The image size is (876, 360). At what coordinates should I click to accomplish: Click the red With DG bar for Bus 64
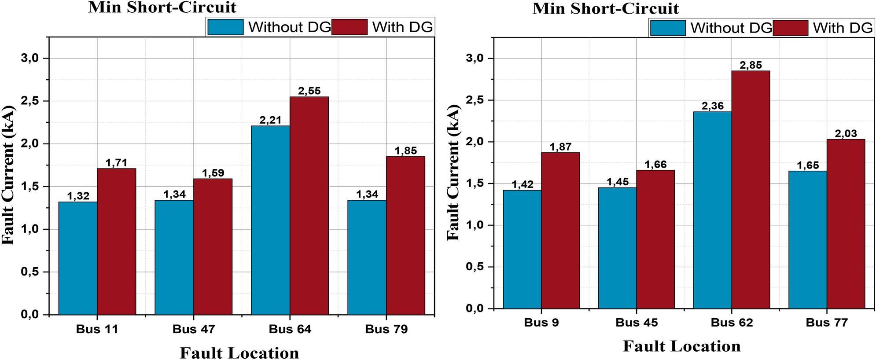[x=309, y=206]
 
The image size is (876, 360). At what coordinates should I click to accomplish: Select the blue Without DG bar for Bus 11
[x=78, y=258]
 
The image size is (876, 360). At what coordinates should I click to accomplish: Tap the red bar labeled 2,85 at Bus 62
[x=751, y=190]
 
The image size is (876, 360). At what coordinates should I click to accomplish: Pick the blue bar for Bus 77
[x=807, y=240]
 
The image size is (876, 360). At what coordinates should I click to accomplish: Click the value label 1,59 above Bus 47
[x=213, y=173]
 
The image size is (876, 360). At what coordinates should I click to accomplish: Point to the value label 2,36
[x=713, y=106]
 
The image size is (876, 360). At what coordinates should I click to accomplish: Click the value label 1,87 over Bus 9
[x=560, y=147]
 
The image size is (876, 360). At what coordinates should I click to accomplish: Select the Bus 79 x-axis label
[x=386, y=329]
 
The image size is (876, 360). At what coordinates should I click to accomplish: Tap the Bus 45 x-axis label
[x=637, y=323]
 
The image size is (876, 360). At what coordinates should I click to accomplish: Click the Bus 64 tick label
[x=290, y=329]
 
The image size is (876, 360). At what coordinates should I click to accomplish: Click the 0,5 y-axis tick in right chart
[x=475, y=267]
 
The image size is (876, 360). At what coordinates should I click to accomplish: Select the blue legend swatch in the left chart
[x=225, y=27]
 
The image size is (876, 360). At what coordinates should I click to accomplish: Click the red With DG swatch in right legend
[x=791, y=28]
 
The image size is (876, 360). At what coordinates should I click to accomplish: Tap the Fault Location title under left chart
[x=239, y=353]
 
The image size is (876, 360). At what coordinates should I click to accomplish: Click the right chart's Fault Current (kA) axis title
[x=453, y=173]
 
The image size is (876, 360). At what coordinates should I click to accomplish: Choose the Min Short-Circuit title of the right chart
[x=605, y=8]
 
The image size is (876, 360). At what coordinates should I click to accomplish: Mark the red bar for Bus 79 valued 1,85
[x=405, y=235]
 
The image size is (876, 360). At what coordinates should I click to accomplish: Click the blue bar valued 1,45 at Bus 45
[x=617, y=248]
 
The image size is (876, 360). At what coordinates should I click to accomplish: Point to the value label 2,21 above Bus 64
[x=270, y=120]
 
